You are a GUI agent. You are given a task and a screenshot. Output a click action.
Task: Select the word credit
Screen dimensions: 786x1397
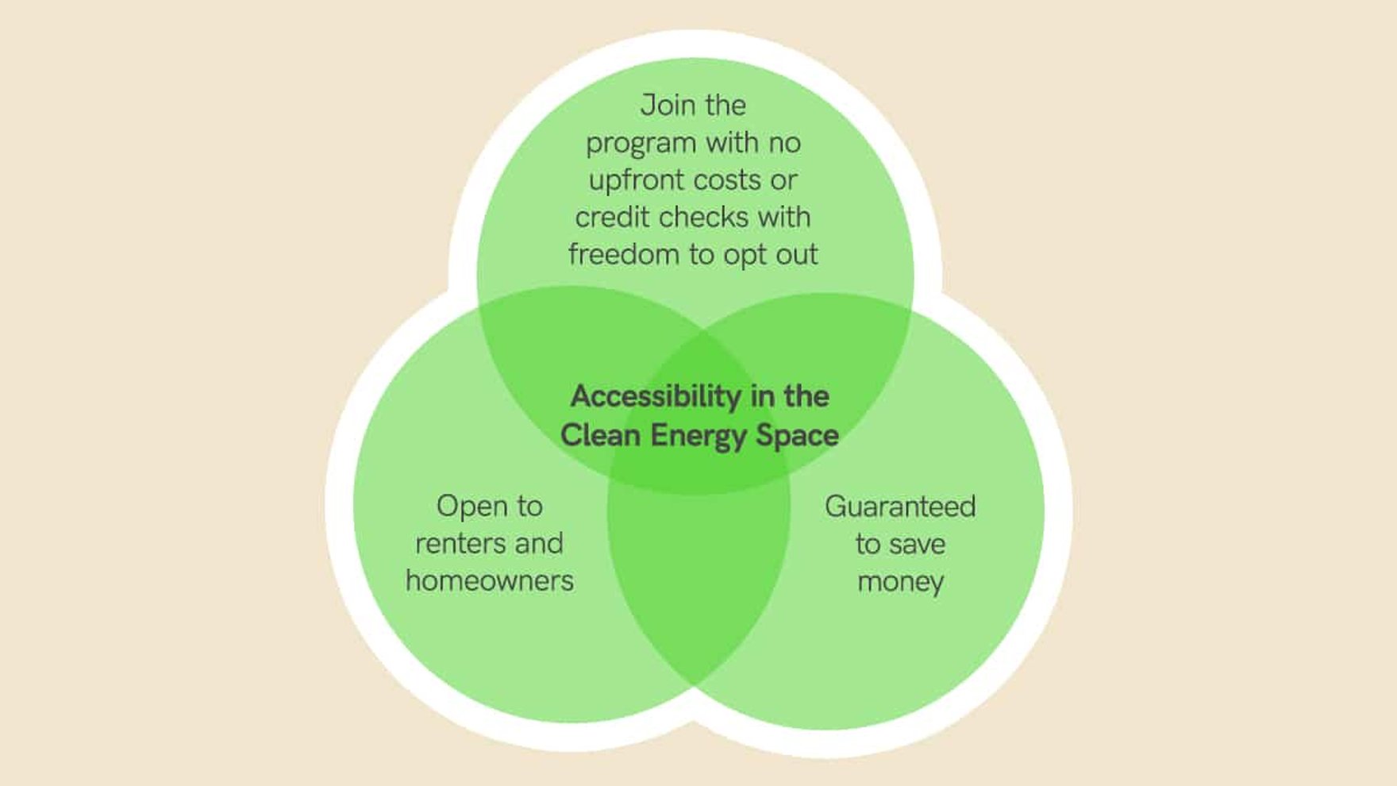click(x=611, y=218)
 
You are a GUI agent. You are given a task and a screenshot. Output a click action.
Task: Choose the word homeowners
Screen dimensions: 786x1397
click(x=489, y=581)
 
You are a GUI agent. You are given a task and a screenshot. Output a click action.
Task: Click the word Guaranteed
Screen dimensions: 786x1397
click(x=899, y=507)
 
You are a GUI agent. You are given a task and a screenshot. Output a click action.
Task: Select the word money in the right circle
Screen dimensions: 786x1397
click(x=899, y=582)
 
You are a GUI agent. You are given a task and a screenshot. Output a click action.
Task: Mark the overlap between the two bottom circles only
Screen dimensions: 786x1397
click(x=698, y=580)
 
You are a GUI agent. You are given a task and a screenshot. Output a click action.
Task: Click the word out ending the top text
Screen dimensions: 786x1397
click(x=795, y=255)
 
